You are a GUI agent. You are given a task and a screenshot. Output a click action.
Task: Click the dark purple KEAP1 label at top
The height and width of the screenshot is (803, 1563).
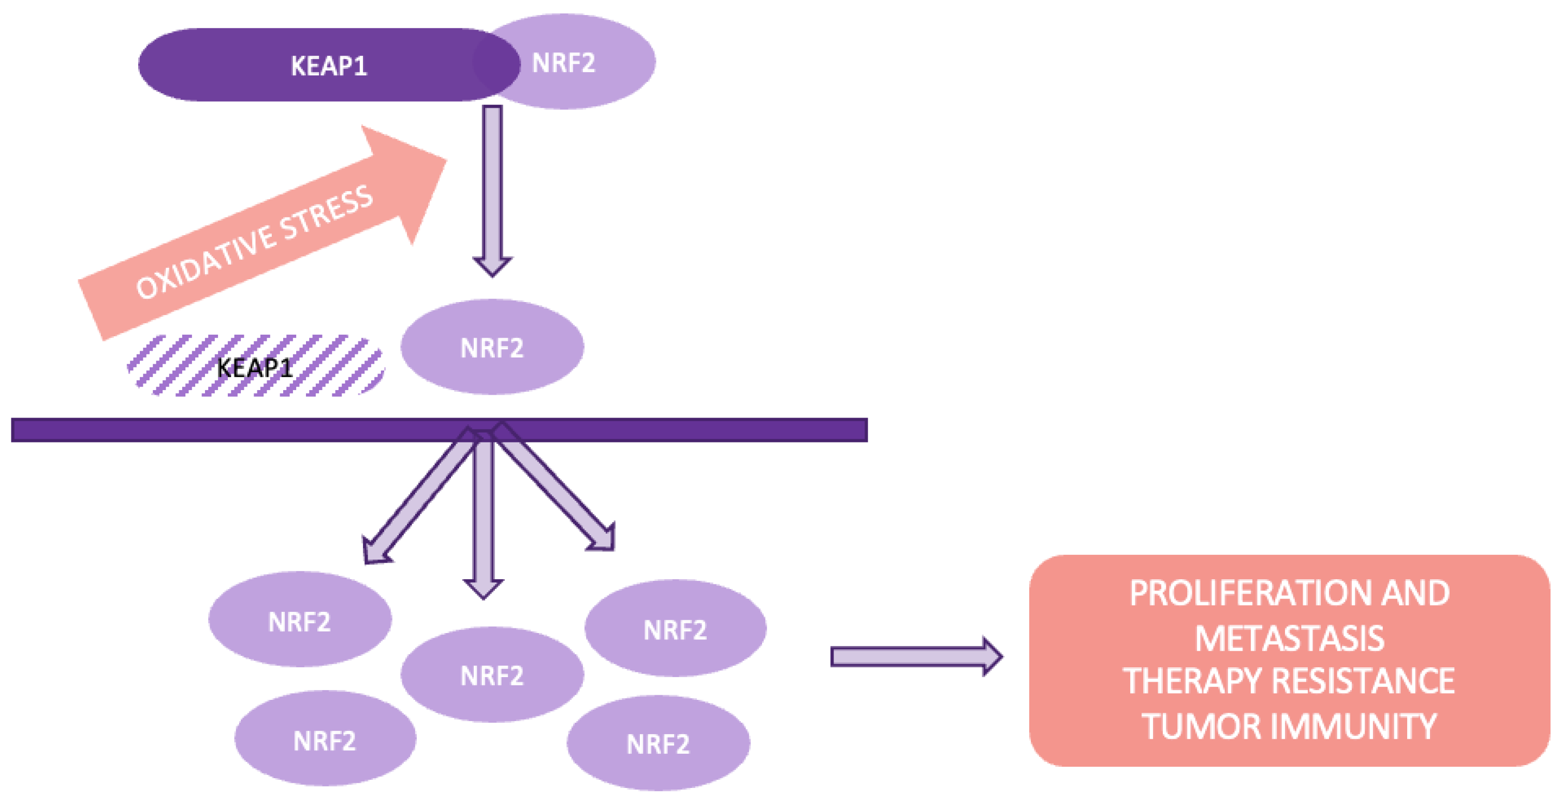(x=328, y=66)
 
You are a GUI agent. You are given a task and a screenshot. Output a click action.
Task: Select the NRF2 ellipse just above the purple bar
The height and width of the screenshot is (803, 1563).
(x=491, y=348)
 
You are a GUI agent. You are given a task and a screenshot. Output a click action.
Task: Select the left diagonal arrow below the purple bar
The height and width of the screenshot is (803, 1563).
(x=419, y=498)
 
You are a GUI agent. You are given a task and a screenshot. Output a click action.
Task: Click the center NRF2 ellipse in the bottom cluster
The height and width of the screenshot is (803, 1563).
(x=491, y=675)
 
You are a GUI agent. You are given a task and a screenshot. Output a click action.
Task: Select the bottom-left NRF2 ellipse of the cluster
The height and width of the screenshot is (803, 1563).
(x=325, y=740)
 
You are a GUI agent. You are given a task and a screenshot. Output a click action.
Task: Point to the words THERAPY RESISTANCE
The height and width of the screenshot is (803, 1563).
(x=1289, y=680)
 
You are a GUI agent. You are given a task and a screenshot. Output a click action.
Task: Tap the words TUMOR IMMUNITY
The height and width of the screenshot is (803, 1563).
(x=1289, y=726)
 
